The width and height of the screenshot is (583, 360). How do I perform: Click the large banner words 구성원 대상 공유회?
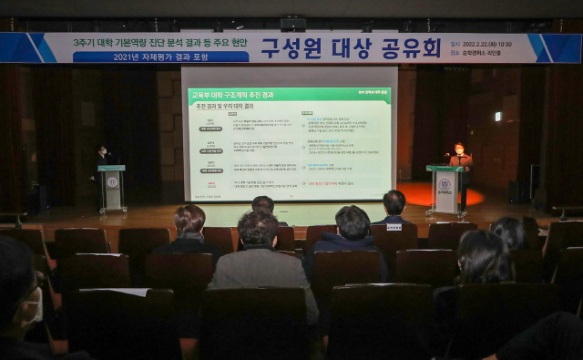click(351, 48)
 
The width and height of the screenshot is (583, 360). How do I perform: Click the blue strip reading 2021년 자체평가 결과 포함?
click(160, 57)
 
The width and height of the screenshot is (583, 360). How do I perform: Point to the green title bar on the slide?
click(290, 95)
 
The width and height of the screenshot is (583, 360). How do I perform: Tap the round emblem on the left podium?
click(112, 182)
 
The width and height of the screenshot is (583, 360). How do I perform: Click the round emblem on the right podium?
click(444, 183)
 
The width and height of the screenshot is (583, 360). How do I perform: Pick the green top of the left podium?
click(111, 168)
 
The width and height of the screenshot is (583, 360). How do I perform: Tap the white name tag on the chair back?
click(394, 226)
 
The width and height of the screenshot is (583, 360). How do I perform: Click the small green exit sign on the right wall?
click(497, 117)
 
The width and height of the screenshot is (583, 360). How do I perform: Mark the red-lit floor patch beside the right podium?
click(414, 194)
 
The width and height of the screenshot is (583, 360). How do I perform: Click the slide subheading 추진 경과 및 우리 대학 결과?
click(225, 107)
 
